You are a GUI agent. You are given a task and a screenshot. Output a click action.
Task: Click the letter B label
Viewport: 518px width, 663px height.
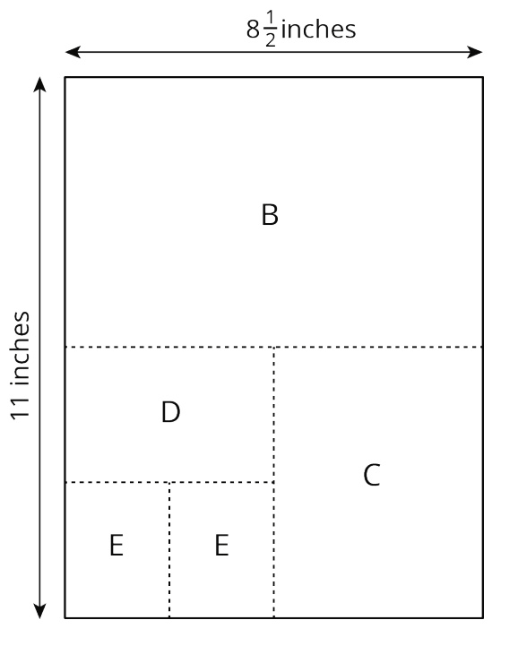coord(270,215)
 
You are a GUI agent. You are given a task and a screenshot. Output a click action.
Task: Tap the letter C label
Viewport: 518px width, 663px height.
coord(372,475)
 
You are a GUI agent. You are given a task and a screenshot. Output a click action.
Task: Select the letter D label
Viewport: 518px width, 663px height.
coord(170,412)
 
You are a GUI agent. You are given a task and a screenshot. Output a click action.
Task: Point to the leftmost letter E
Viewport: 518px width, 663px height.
coord(117,545)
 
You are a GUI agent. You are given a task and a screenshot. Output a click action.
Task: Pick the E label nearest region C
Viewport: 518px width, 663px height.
coord(221,545)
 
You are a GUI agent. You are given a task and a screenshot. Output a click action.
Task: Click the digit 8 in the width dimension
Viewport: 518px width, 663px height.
coord(253,30)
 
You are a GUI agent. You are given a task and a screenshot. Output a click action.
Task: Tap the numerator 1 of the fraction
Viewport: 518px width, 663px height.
coord(271,19)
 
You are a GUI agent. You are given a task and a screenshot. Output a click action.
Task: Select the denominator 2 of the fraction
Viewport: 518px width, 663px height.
coord(271,39)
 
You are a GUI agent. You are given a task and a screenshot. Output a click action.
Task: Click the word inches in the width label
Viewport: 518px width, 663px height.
coord(318,30)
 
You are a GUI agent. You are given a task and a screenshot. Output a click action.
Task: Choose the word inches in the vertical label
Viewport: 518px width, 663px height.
coord(21,349)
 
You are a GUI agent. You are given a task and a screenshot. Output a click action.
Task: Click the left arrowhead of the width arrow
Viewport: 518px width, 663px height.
coord(73,52)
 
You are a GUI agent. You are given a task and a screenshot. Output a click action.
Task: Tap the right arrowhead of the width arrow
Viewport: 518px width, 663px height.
coord(475,52)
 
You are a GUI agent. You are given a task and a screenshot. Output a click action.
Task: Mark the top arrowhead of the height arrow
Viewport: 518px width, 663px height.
coord(39,84)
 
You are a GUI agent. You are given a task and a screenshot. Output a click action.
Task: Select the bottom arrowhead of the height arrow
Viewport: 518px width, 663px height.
coord(39,611)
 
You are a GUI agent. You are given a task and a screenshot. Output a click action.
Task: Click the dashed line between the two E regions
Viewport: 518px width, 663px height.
coord(169,550)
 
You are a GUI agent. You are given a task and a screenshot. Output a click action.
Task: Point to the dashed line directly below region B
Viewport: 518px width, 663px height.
coord(274,347)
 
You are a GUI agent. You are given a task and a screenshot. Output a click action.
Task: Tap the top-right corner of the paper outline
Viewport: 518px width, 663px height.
coord(483,77)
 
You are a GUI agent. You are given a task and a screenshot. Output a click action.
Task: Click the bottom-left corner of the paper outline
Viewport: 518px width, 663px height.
coord(65,618)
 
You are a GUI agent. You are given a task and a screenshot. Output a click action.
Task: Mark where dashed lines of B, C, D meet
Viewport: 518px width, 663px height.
coord(274,347)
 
